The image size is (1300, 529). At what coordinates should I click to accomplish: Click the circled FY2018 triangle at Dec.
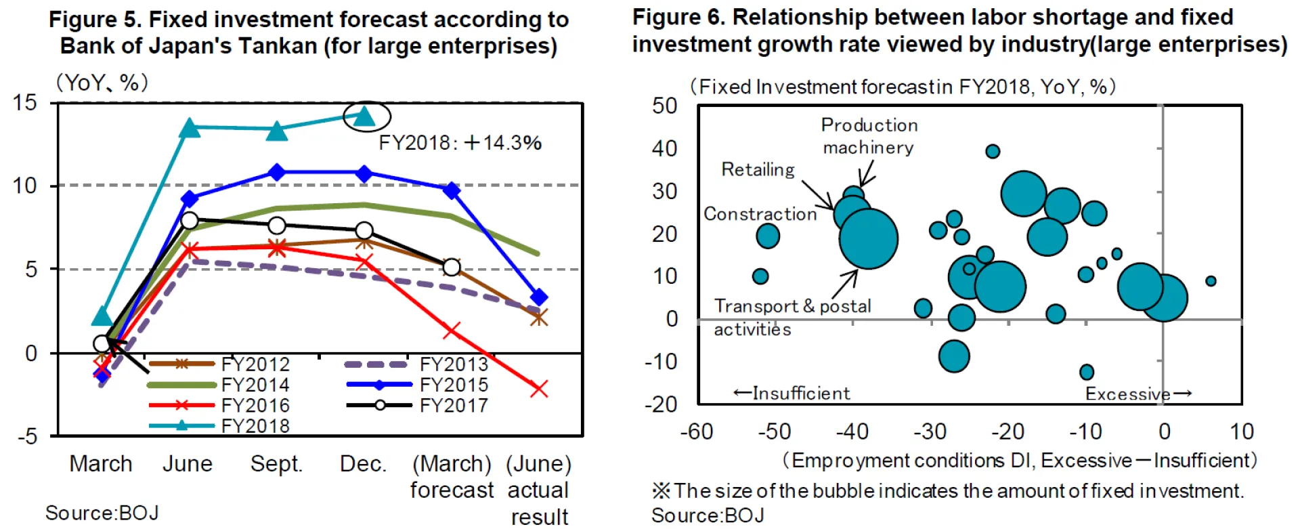click(366, 117)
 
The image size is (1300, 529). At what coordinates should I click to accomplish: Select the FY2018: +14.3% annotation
click(460, 143)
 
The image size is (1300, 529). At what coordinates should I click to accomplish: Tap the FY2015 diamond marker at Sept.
click(276, 173)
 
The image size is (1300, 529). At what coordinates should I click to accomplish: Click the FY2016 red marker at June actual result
click(539, 389)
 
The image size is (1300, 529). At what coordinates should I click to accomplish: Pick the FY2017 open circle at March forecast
click(452, 268)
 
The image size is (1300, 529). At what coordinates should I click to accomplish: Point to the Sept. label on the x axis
click(276, 464)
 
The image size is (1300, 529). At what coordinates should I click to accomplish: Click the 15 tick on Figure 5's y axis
click(25, 103)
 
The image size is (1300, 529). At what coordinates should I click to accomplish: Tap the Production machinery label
click(869, 136)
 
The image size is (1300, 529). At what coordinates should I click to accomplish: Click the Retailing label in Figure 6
click(758, 169)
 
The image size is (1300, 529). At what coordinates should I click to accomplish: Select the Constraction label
click(760, 214)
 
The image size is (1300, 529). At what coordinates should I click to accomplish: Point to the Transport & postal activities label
click(792, 317)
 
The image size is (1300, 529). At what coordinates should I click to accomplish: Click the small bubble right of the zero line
click(1211, 280)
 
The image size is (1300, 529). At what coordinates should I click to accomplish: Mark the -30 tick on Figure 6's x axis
click(930, 431)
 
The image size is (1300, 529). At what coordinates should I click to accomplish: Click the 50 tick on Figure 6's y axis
click(664, 106)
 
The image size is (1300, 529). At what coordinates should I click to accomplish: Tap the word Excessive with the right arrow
click(1137, 394)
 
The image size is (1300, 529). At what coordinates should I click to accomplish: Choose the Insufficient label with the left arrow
click(792, 393)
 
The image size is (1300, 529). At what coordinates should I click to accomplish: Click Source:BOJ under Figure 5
click(102, 513)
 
